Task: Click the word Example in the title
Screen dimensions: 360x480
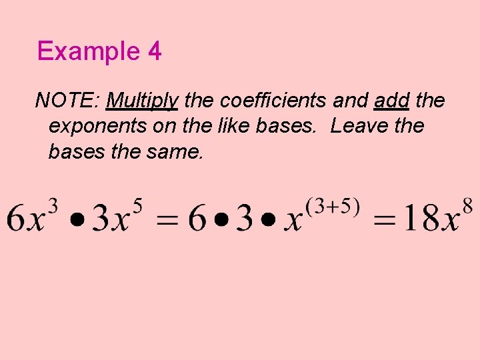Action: pos(87,51)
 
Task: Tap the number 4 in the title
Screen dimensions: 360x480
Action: pos(154,51)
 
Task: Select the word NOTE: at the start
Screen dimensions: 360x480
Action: pos(67,101)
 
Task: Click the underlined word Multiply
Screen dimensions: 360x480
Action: pos(142,101)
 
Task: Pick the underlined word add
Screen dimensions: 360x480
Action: pos(392,101)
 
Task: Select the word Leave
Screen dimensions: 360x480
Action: pos(359,126)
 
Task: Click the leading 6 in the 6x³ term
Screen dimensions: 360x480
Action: pos(17,218)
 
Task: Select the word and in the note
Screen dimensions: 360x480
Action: pos(350,101)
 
